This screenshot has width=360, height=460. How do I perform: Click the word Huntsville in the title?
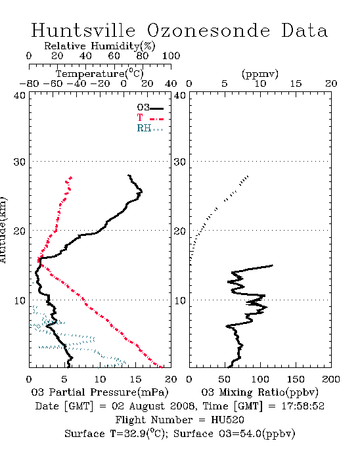pos(83,30)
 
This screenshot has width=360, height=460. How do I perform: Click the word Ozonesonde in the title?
pos(208,30)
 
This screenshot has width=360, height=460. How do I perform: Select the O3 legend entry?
pos(150,108)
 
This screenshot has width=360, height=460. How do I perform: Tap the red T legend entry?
pos(150,118)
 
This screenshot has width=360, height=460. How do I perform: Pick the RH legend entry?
pos(150,128)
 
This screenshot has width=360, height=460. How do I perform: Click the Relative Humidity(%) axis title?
pos(99,46)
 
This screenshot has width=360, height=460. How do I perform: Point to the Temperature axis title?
pos(99,74)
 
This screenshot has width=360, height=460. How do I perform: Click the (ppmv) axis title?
pos(260,74)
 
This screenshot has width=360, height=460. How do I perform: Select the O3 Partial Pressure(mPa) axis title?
pos(100,392)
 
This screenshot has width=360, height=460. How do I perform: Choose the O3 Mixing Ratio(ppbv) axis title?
pos(259,392)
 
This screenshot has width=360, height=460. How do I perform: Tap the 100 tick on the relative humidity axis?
pos(171,56)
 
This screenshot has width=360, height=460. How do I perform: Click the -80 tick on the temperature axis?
pos(29,83)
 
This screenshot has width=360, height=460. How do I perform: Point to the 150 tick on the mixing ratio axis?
pos(296,379)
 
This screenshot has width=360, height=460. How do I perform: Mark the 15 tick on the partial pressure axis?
pos(135,379)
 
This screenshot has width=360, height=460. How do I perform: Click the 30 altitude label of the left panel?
pos(20,162)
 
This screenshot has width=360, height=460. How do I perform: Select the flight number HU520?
pos(227,420)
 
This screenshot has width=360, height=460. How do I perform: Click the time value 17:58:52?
pos(303,406)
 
